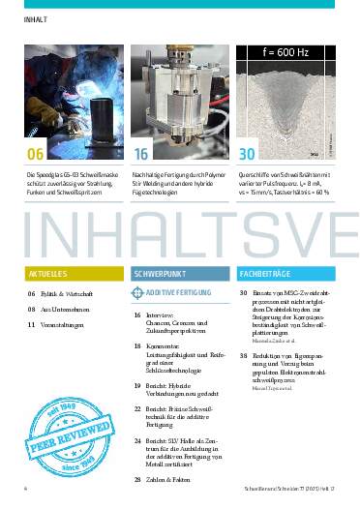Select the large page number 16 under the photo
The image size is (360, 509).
pyautogui.click(x=142, y=153)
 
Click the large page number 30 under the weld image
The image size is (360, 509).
pyautogui.click(x=248, y=153)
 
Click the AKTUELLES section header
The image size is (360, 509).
pyautogui.click(x=48, y=274)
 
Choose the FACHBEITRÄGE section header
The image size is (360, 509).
pyautogui.click(x=263, y=274)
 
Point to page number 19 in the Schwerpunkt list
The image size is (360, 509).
pyautogui.click(x=137, y=385)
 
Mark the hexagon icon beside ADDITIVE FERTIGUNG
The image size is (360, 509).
pyautogui.click(x=137, y=291)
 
